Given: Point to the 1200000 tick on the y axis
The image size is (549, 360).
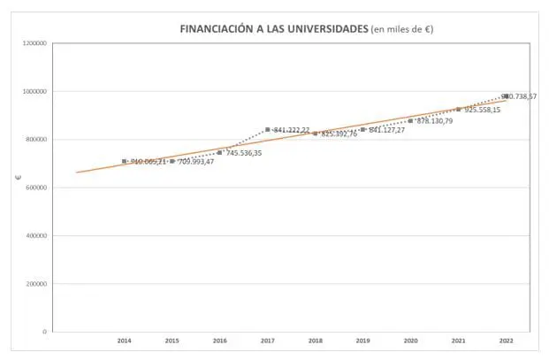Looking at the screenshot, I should click(35, 42).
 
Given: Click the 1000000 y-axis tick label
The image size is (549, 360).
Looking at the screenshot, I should click(35, 91).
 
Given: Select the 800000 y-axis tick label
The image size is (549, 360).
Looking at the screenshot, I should click(37, 139).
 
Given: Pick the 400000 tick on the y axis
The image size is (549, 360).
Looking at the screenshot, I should click(37, 236).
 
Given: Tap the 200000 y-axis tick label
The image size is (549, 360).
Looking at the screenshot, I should click(37, 284).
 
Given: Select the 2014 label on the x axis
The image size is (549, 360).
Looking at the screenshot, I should click(125, 341).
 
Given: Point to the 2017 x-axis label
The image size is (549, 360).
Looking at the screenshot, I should click(268, 341).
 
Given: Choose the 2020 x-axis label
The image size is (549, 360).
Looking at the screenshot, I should click(410, 341).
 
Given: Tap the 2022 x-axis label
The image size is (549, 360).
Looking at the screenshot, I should click(506, 341).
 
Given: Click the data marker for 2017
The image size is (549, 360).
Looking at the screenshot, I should click(268, 130).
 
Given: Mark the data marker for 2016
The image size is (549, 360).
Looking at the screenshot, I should click(220, 152).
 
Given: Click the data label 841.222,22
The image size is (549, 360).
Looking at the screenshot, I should click(292, 130).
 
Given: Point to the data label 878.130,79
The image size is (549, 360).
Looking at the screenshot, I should click(435, 121).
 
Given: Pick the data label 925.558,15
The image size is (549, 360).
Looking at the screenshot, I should click(483, 110).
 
